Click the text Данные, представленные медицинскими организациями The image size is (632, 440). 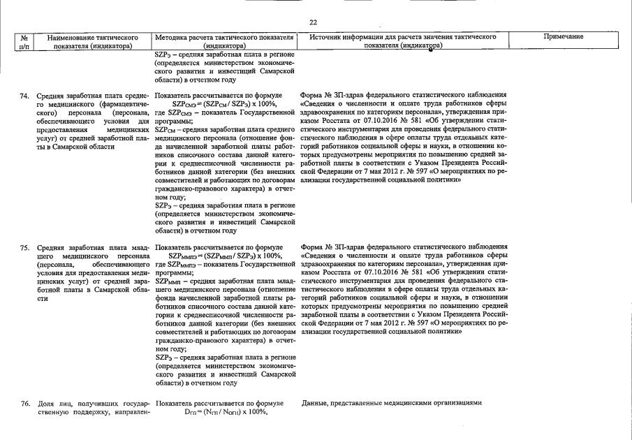(392, 403)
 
